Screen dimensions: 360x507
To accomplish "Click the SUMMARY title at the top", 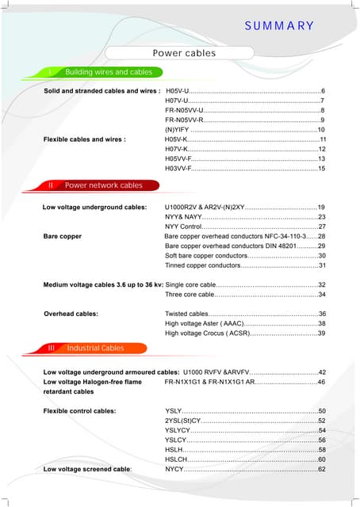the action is pos(278,25).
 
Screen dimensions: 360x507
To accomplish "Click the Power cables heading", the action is pos(184,53).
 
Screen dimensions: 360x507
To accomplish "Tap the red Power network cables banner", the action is pos(95,185).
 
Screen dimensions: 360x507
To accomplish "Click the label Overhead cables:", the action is pos(71,314).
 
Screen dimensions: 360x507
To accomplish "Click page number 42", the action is pos(321,372).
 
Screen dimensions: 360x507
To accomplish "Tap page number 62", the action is pos(321,469).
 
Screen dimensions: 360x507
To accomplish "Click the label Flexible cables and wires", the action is pos(84,139).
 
